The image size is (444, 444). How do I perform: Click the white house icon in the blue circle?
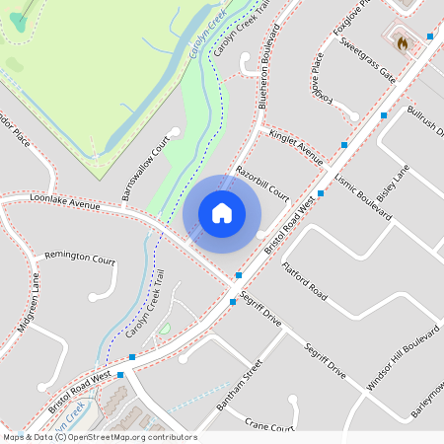(x=222, y=212)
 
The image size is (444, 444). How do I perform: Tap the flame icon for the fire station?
(x=402, y=42)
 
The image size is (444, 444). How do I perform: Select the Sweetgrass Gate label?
(x=366, y=61)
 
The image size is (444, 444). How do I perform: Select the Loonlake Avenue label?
(x=66, y=202)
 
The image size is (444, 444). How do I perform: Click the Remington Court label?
(x=80, y=258)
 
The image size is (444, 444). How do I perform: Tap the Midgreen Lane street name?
(x=29, y=305)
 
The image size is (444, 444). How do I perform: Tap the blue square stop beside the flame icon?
(x=430, y=37)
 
